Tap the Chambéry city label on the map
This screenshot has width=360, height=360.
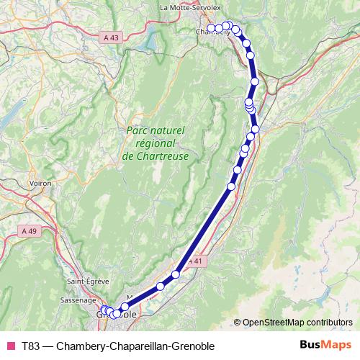204,32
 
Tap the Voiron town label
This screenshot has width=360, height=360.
40,184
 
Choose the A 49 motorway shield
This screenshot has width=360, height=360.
29,230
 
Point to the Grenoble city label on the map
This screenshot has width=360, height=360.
117,315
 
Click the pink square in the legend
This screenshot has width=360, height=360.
10,346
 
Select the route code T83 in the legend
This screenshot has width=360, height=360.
31,346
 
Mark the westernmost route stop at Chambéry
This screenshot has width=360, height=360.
211,28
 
